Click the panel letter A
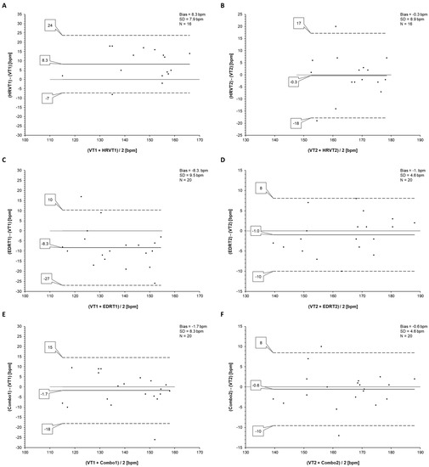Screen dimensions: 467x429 5,7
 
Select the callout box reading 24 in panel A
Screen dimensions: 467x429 52,27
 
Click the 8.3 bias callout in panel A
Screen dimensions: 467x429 46,61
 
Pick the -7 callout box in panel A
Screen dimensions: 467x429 46,99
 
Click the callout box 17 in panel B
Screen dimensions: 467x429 274,24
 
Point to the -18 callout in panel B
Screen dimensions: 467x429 272,124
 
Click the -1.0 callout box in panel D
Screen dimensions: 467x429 255,230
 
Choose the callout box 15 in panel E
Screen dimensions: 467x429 52,348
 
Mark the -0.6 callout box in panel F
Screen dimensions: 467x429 256,384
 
